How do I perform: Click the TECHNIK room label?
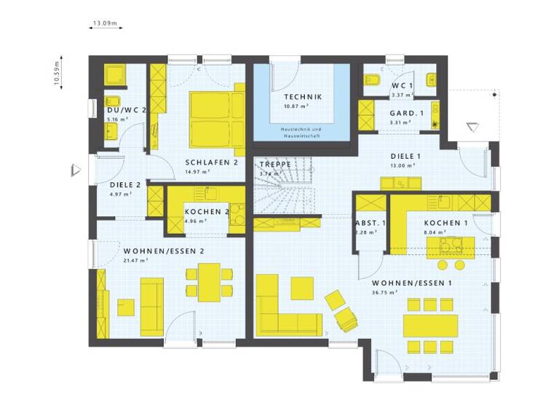tap(303, 97)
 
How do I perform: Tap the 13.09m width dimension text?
tap(105, 23)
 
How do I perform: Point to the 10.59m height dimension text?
tap(58, 74)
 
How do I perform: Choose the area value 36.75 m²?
tap(385, 292)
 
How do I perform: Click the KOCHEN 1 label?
tap(446, 223)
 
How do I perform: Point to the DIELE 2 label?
tap(114, 185)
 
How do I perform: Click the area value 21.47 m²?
tap(137, 260)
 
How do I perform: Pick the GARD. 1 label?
tap(406, 113)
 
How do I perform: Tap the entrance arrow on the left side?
tap(75, 170)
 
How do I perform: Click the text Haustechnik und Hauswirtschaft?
tap(303, 132)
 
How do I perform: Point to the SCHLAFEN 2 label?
tap(212, 162)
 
